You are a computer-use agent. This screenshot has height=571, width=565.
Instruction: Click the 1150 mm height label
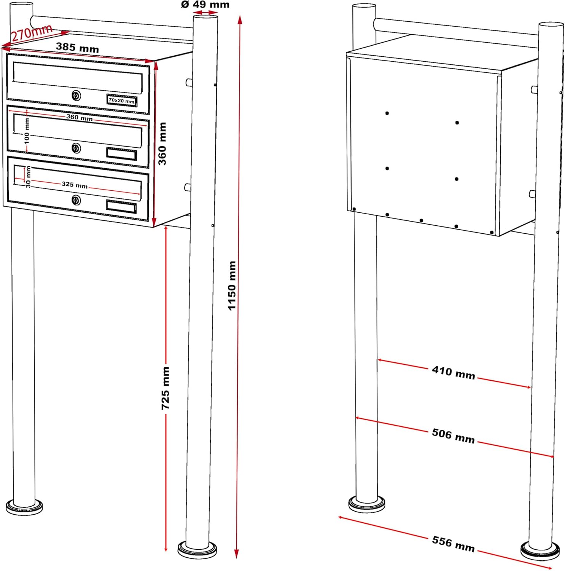232,285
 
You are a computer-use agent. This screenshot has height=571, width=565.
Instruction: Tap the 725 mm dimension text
166,388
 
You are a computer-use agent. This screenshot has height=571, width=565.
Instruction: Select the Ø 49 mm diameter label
205,5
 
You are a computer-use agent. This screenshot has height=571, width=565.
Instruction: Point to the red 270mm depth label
31,33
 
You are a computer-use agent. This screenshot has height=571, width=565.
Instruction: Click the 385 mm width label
77,48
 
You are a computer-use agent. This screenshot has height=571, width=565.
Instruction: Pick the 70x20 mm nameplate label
121,101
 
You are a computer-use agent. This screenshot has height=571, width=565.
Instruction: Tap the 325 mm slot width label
75,185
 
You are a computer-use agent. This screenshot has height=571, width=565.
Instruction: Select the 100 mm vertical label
27,131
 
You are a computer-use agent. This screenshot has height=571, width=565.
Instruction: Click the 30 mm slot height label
29,177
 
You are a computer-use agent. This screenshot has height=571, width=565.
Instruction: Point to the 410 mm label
454,373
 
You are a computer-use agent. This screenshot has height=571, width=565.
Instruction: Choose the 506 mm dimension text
453,436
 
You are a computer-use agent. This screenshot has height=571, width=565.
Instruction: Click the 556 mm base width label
453,544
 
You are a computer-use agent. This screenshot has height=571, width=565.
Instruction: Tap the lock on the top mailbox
76,95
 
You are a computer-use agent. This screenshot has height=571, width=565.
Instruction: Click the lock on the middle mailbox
76,148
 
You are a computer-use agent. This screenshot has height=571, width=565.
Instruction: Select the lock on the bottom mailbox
76,200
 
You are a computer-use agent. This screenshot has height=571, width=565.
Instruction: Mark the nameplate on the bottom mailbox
121,206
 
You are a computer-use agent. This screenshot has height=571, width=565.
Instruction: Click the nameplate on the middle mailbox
121,154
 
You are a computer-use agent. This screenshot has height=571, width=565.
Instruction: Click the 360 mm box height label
162,144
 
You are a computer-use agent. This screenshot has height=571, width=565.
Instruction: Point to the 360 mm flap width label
79,117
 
